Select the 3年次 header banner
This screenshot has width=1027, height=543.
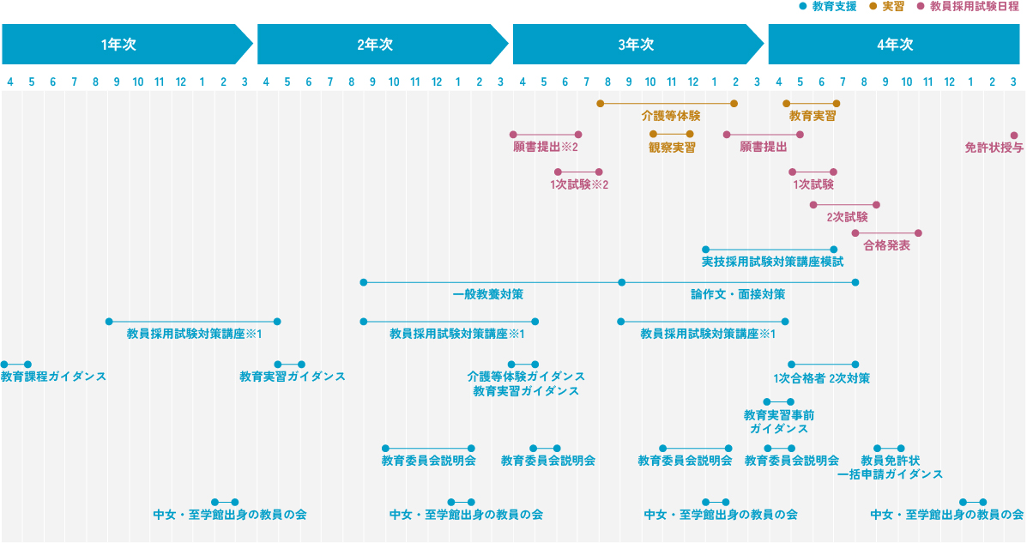pyautogui.click(x=636, y=45)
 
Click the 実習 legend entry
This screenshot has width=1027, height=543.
pyautogui.click(x=891, y=6)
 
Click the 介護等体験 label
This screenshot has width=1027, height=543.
pyautogui.click(x=670, y=115)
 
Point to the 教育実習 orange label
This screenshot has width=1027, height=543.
pyautogui.click(x=813, y=115)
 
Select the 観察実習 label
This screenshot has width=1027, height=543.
pyautogui.click(x=672, y=148)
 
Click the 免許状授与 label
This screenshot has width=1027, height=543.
pyautogui.click(x=994, y=148)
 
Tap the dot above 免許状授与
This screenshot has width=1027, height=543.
pyautogui.click(x=1013, y=136)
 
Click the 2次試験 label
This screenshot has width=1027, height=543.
pyautogui.click(x=847, y=217)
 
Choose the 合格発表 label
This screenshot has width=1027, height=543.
pyautogui.click(x=886, y=245)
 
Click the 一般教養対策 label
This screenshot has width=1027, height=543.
pyautogui.click(x=487, y=294)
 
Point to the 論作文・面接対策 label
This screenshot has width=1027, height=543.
pyautogui.click(x=738, y=294)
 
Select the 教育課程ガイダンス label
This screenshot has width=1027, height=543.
pyautogui.click(x=53, y=377)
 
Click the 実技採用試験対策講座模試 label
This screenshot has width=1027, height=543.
pyautogui.click(x=772, y=262)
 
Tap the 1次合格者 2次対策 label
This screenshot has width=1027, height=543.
pyautogui.click(x=821, y=377)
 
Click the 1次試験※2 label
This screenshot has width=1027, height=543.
pyautogui.click(x=578, y=184)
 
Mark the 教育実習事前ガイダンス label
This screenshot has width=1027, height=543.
pyautogui.click(x=778, y=422)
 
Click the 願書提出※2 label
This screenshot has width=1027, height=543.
pyautogui.click(x=545, y=148)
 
